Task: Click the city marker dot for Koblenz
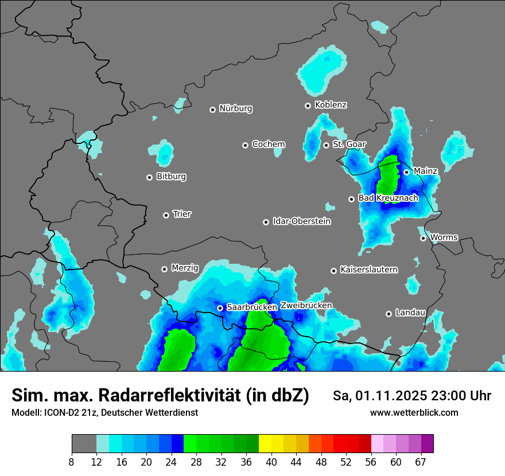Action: point(308,106)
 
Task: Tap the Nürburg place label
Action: point(236,108)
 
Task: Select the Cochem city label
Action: point(269,145)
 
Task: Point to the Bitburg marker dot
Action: point(149,177)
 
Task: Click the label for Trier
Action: point(182,214)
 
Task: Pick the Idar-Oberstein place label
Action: point(302,221)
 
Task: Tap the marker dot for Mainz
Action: point(406,171)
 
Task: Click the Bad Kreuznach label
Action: point(388,198)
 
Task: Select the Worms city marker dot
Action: point(423,238)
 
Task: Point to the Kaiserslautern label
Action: point(369,270)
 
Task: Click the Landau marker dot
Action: point(389,313)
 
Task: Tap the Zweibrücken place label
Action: point(306,306)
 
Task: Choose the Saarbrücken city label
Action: point(252,307)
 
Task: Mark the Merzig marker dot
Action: point(164,268)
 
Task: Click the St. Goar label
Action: point(349,145)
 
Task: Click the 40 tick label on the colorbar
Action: point(271,462)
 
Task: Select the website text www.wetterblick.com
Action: point(414,413)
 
